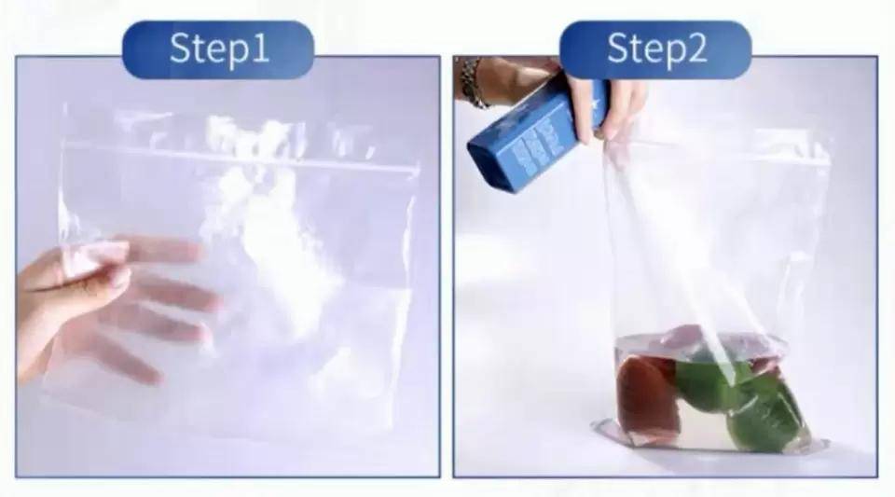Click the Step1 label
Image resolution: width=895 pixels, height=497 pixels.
coord(218,49)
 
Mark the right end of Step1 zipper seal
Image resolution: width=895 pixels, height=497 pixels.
coord(417,171)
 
